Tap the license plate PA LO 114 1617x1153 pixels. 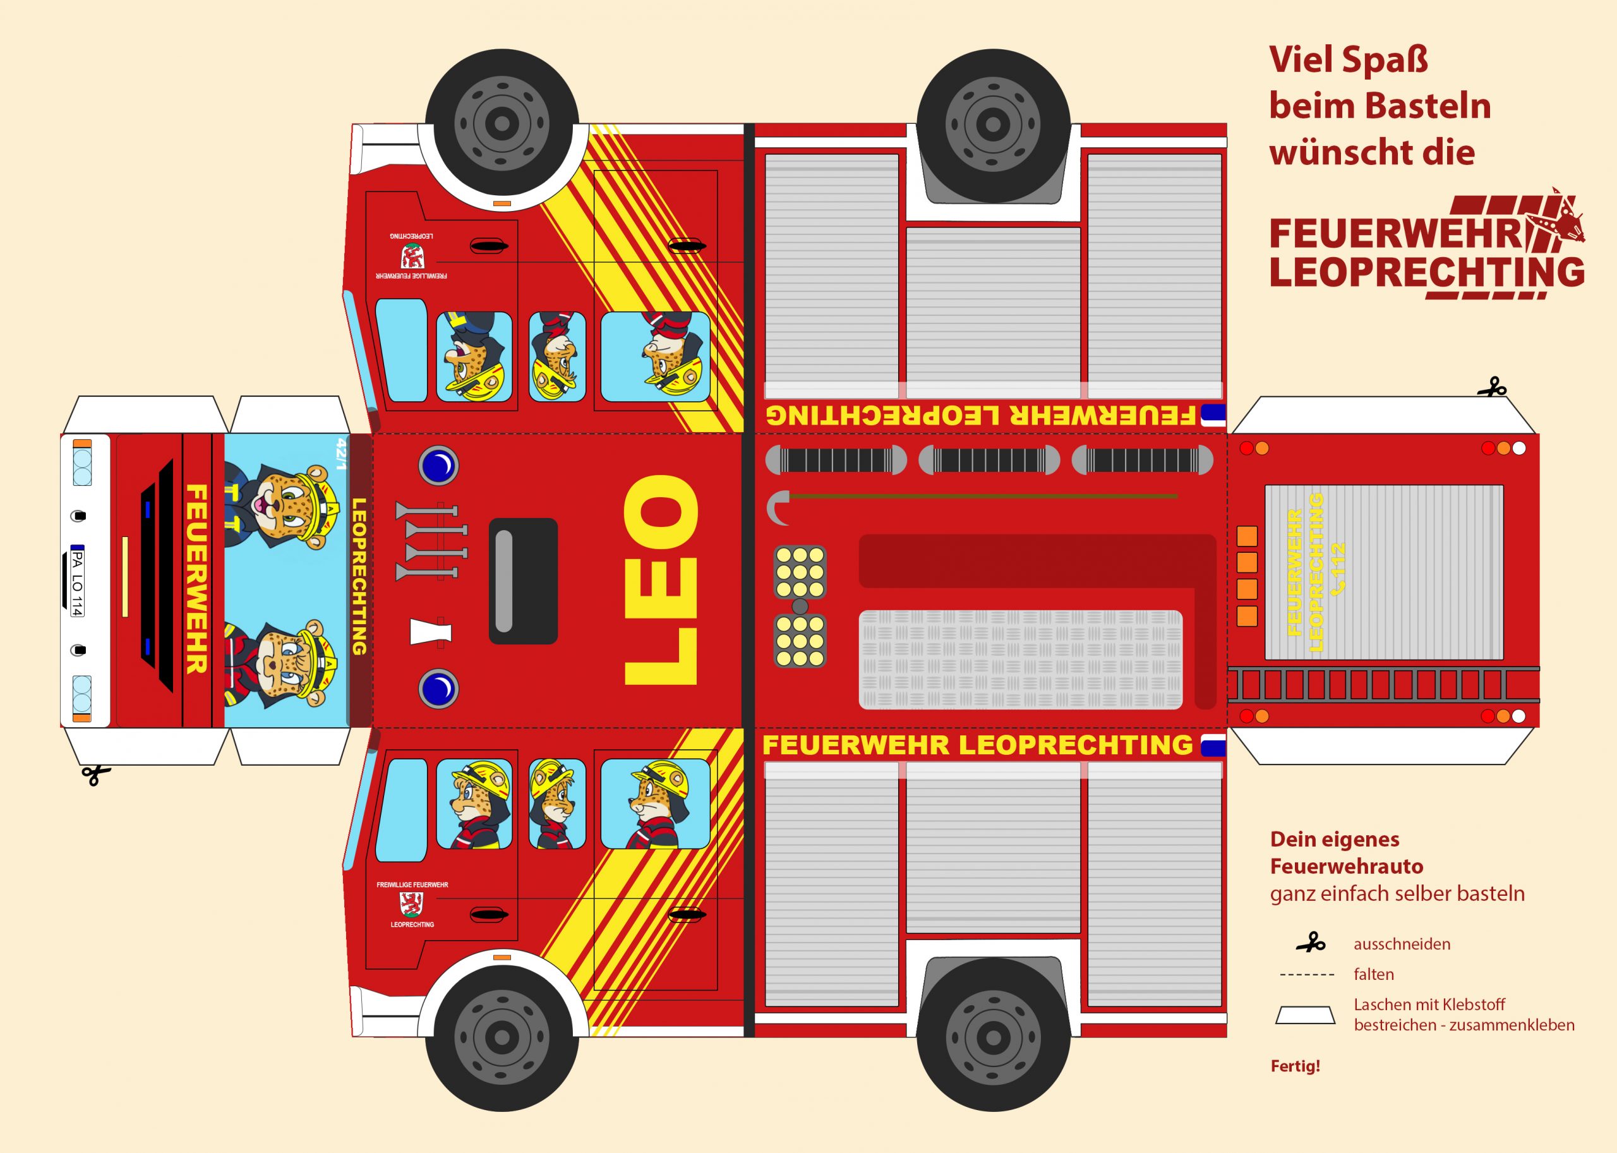[77, 581]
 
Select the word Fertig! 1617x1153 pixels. [1295, 1066]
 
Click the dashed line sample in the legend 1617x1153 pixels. [1306, 975]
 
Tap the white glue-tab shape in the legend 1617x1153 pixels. [1305, 1015]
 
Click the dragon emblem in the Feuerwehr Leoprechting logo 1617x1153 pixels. [1565, 224]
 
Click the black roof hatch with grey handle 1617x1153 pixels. [522, 581]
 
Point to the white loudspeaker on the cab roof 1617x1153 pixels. [430, 631]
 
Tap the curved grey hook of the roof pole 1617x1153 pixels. [778, 507]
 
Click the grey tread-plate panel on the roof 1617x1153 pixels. [1020, 659]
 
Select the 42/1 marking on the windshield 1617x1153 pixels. [342, 454]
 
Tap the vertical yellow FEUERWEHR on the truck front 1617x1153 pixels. [196, 579]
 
